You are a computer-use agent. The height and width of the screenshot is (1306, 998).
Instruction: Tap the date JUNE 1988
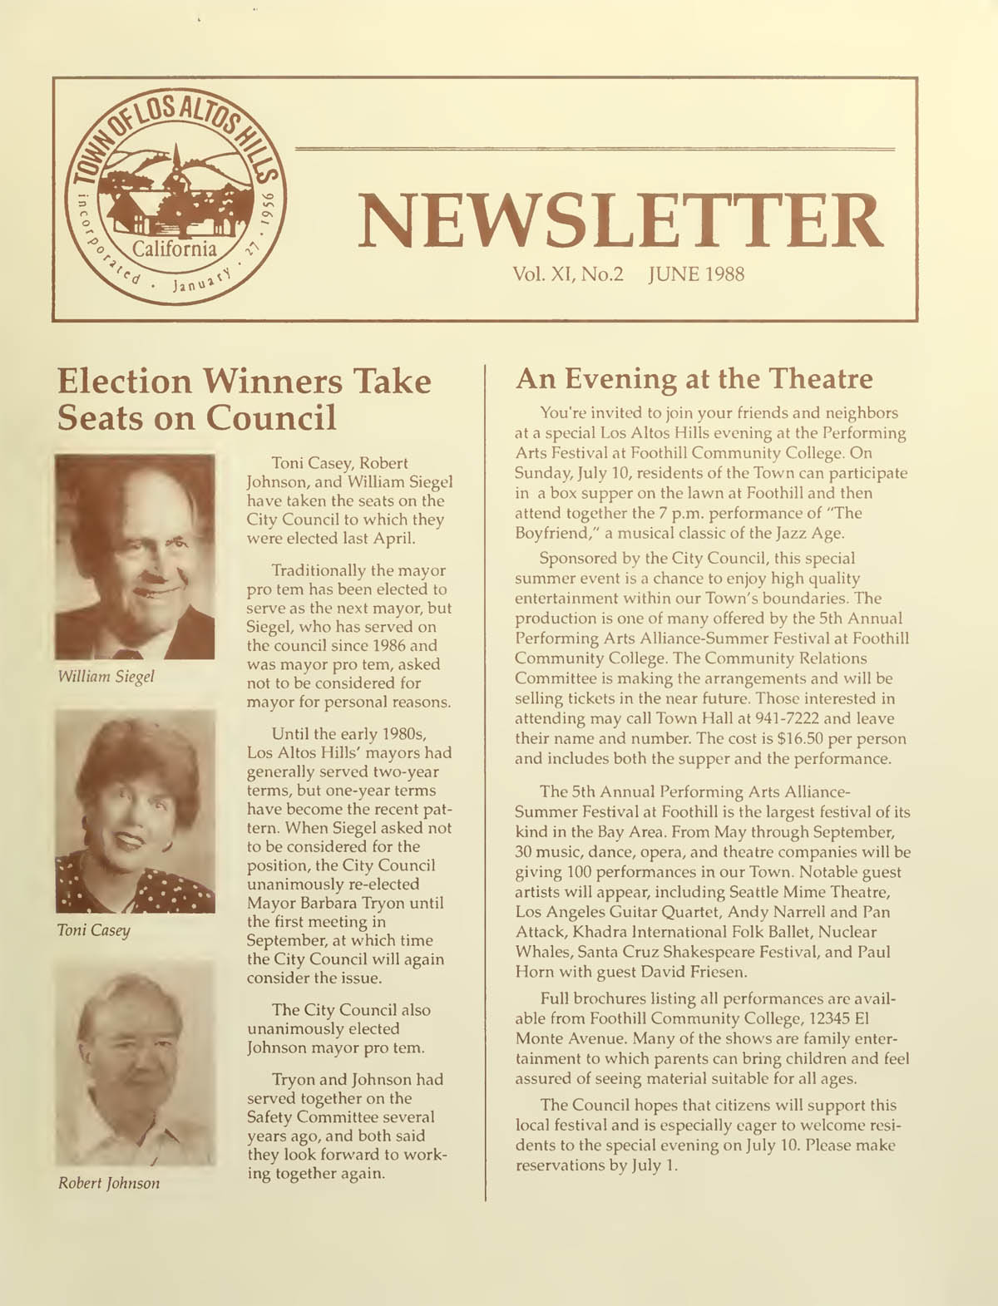tap(696, 274)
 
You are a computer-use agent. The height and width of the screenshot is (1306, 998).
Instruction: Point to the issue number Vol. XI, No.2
tap(570, 274)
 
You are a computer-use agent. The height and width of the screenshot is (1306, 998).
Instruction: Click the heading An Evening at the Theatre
tap(694, 379)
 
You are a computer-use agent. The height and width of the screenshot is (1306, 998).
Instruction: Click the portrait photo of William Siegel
tap(135, 556)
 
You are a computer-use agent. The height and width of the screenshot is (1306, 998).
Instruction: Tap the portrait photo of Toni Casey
tap(135, 811)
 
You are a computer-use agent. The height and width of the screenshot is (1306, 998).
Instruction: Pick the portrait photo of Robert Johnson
tap(135, 1062)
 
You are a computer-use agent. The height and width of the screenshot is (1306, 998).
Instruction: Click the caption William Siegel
tap(106, 676)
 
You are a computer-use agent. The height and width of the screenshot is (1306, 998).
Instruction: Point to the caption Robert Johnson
tap(109, 1182)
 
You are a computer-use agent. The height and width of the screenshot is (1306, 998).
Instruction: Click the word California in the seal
tap(175, 249)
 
